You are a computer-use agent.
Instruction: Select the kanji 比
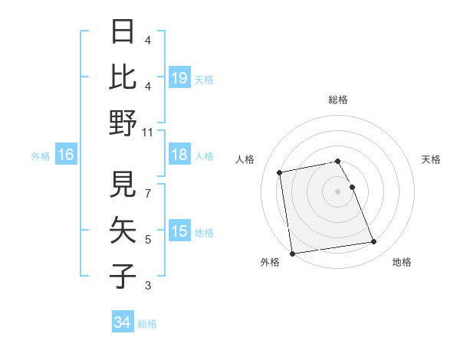[x=123, y=78]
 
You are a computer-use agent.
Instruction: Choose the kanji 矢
[x=123, y=229]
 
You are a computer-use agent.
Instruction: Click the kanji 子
[x=123, y=274]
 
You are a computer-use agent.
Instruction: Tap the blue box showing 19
[x=179, y=78]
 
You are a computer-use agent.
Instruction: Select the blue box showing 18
[x=179, y=155]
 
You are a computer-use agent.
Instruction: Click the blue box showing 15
[x=179, y=231]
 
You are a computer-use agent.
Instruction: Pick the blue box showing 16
[x=65, y=155]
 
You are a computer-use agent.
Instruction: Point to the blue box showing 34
[x=123, y=322]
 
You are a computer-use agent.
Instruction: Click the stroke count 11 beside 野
[x=148, y=133]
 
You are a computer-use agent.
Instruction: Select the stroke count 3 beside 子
[x=148, y=286]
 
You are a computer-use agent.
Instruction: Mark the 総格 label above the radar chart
[x=338, y=100]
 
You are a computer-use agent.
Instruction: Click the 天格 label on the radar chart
[x=431, y=159]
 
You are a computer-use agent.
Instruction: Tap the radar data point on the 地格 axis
[x=373, y=242]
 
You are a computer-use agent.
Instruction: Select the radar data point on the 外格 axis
[x=292, y=254]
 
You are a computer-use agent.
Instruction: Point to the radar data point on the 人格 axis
[x=280, y=172]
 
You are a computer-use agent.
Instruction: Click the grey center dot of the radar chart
[x=338, y=191]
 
